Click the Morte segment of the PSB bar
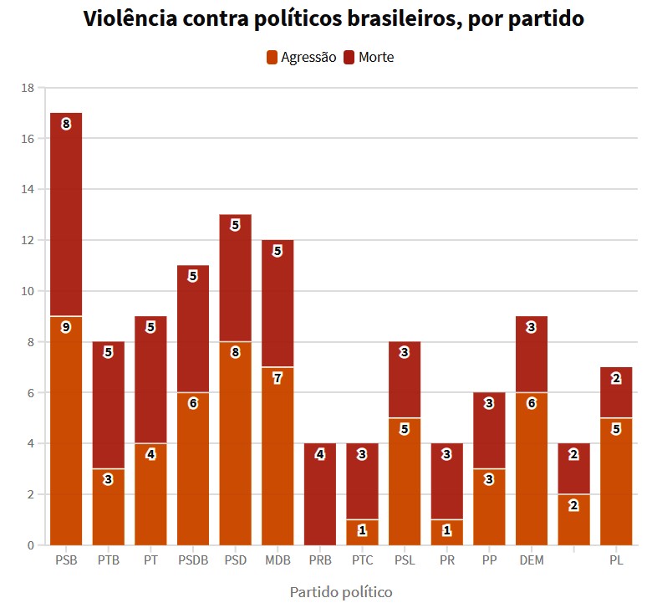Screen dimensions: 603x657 [x=66, y=214]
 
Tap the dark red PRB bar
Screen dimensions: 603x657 [x=320, y=493]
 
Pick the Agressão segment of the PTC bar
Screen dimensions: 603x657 [x=362, y=532]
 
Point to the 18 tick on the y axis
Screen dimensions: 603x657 [x=28, y=88]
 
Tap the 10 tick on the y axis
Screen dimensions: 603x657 [x=28, y=291]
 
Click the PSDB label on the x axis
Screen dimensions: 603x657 [x=192, y=560]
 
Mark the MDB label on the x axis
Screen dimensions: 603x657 [x=278, y=560]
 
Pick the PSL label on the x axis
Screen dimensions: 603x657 [x=405, y=560]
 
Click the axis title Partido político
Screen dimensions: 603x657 [x=341, y=592]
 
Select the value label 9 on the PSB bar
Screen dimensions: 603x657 [x=66, y=327]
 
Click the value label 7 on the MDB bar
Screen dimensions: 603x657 [x=278, y=378]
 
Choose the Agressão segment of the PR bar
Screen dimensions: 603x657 [x=447, y=532]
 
